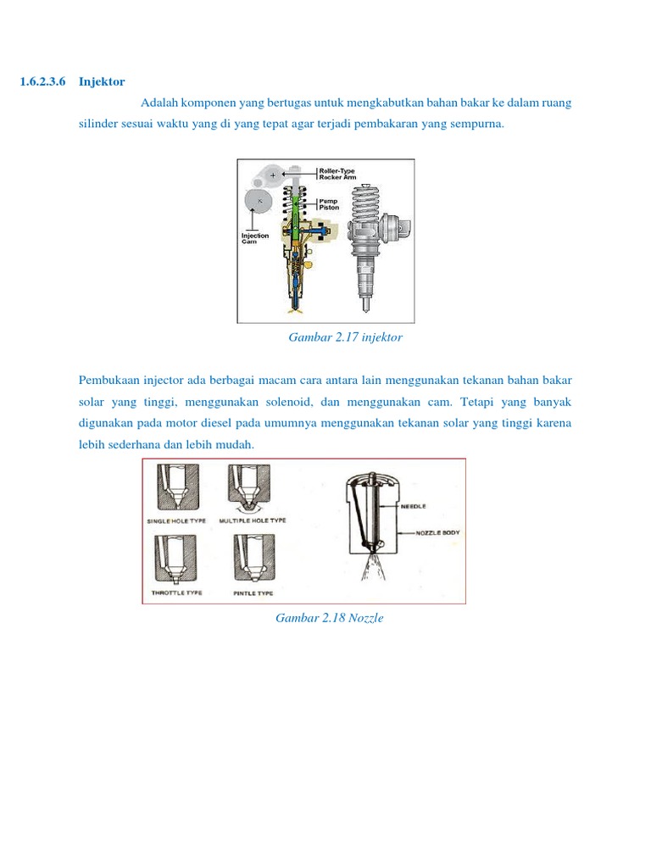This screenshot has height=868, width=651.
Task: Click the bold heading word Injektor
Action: point(102,82)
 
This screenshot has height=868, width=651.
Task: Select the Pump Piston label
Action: point(329,204)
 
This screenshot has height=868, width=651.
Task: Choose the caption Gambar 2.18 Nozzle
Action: point(330,618)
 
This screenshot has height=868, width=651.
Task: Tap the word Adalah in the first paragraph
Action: point(159,103)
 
